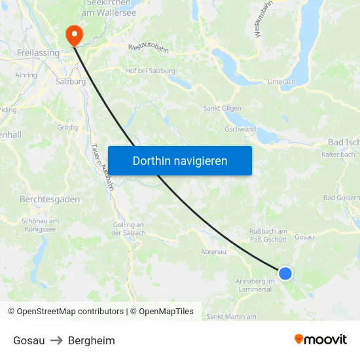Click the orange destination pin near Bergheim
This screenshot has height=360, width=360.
[x=73, y=34]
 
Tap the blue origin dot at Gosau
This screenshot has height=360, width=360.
[x=285, y=273]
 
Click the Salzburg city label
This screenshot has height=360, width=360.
[x=71, y=82]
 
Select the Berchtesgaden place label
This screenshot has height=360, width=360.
[x=50, y=199]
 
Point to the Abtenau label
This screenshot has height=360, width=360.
[x=213, y=251]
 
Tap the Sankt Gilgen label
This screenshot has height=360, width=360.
[x=223, y=108]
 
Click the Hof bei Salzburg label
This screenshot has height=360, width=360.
[x=150, y=71]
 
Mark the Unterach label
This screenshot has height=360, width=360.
[x=281, y=82]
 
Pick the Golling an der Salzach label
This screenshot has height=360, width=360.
[x=128, y=228]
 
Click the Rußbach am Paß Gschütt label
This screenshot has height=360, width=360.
[x=268, y=235]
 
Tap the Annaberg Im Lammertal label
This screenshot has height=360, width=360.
[x=255, y=285]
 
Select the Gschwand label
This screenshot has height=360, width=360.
[x=240, y=129]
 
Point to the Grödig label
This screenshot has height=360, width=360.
[x=67, y=127]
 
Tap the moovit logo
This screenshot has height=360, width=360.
[x=320, y=340]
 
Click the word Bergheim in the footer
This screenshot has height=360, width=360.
[x=92, y=340]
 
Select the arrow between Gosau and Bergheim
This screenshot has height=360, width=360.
[x=56, y=340]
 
